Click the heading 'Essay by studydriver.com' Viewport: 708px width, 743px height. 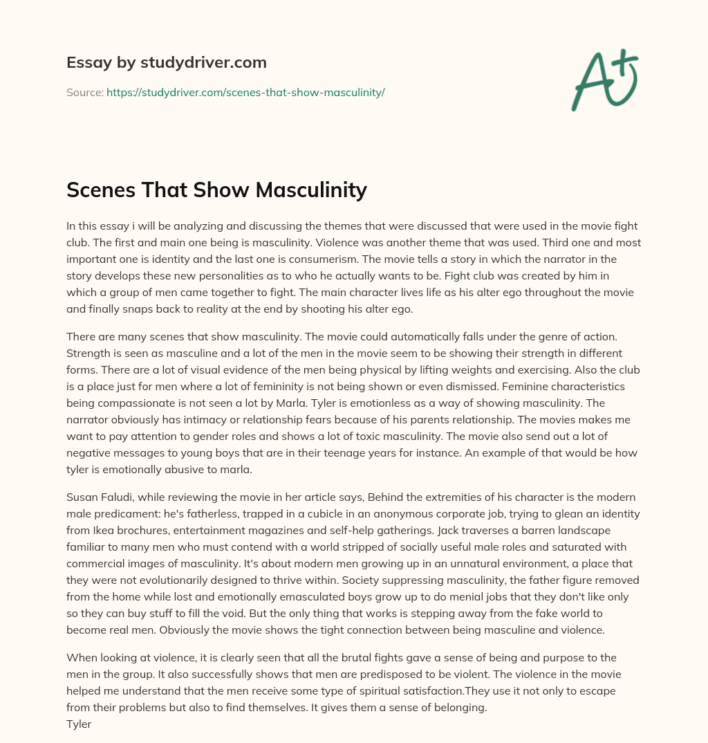(x=166, y=63)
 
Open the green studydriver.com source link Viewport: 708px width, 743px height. (x=245, y=92)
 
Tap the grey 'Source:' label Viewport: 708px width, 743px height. (x=84, y=92)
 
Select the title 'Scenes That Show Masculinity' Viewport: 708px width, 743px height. (x=216, y=190)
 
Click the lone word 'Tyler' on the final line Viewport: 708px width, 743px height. (x=79, y=724)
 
